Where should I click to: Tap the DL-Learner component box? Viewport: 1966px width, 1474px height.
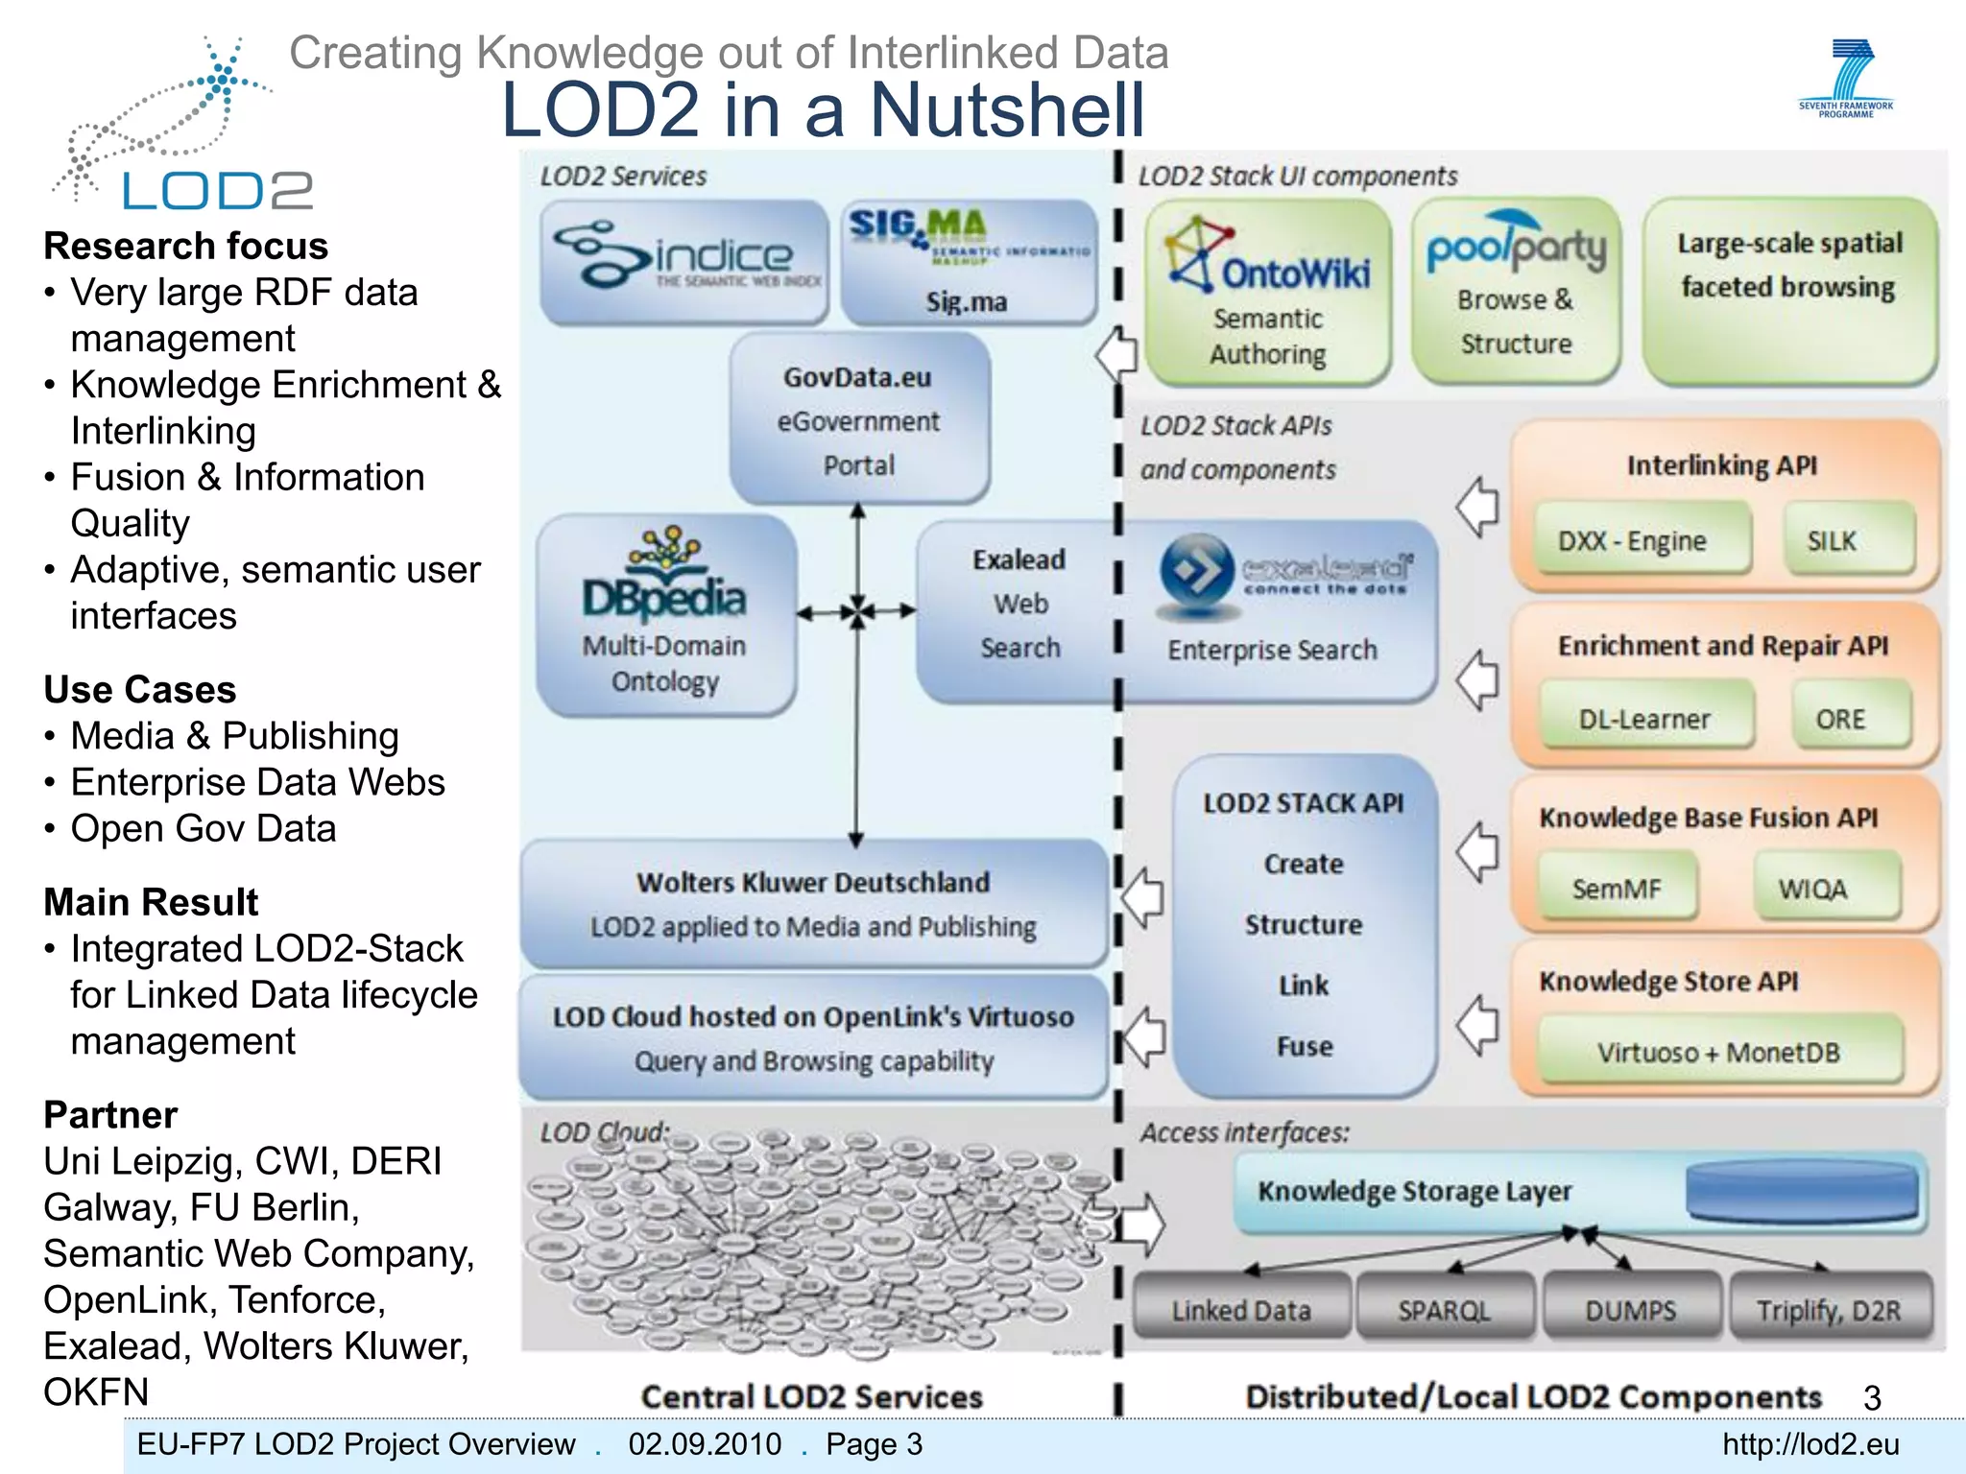[1645, 719]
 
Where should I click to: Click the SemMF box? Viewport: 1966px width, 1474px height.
[1617, 889]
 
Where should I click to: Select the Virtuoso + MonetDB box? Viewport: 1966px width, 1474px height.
[1718, 1052]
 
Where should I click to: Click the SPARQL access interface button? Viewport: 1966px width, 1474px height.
[1444, 1309]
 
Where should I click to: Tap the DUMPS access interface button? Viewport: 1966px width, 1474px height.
[1631, 1309]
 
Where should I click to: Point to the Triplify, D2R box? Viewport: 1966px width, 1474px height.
[1829, 1309]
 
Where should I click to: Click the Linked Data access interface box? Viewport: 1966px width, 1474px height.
[1241, 1309]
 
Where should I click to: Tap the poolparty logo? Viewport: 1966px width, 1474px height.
[1516, 244]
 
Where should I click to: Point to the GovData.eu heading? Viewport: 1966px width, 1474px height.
[857, 377]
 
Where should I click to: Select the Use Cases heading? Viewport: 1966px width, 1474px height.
[140, 689]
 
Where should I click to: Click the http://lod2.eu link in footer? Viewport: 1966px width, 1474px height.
[1810, 1444]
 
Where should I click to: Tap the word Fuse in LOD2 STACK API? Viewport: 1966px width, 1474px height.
[1305, 1046]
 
